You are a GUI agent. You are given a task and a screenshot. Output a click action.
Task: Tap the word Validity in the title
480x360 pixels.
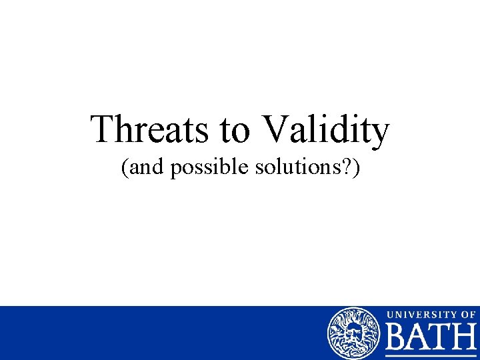[327, 130]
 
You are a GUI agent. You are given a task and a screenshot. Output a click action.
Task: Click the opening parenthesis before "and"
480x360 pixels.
[125, 169]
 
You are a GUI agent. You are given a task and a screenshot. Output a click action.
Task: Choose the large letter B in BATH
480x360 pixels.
[398, 338]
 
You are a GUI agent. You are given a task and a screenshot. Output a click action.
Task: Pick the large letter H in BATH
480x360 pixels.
[465, 338]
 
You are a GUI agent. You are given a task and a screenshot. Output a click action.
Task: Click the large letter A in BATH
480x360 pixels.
[420, 338]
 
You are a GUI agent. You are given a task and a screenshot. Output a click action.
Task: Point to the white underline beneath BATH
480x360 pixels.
[431, 356]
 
